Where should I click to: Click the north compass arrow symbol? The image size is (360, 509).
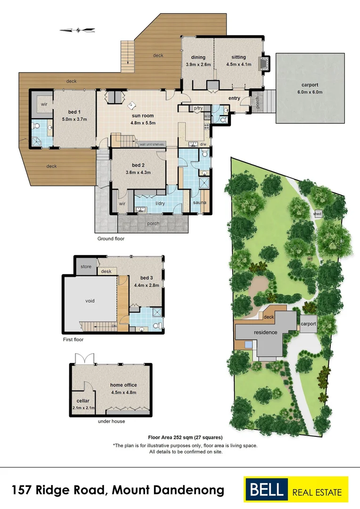click(x=77, y=30)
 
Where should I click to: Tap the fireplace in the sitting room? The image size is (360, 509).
click(x=264, y=63)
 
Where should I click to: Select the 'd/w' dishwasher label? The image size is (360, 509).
click(x=204, y=144)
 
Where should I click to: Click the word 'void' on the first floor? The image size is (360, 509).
click(x=90, y=300)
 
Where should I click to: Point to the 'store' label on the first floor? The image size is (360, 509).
click(x=86, y=267)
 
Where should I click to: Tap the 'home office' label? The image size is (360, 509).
click(x=123, y=385)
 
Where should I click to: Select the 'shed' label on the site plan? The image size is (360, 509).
click(x=318, y=213)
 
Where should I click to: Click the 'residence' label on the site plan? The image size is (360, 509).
click(x=266, y=332)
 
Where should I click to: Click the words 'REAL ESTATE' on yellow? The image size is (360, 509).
click(x=317, y=493)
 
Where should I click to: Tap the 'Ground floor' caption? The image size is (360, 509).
click(x=111, y=238)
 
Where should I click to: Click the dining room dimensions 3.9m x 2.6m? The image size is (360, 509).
click(x=198, y=64)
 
